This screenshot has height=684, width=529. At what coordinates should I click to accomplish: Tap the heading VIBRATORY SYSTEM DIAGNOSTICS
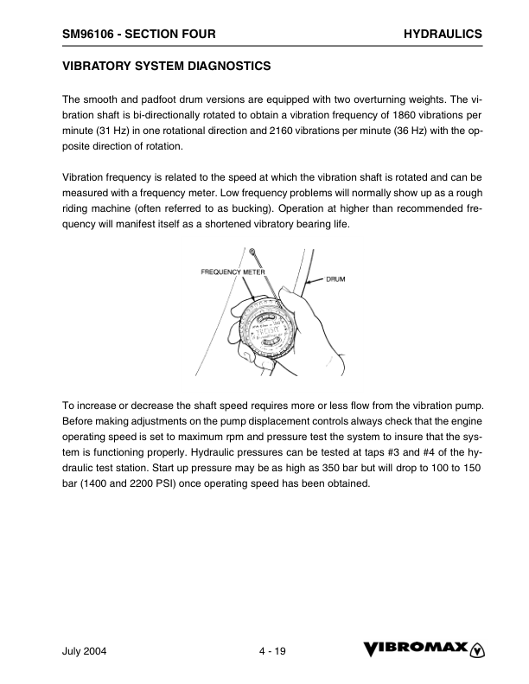pos(167,66)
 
